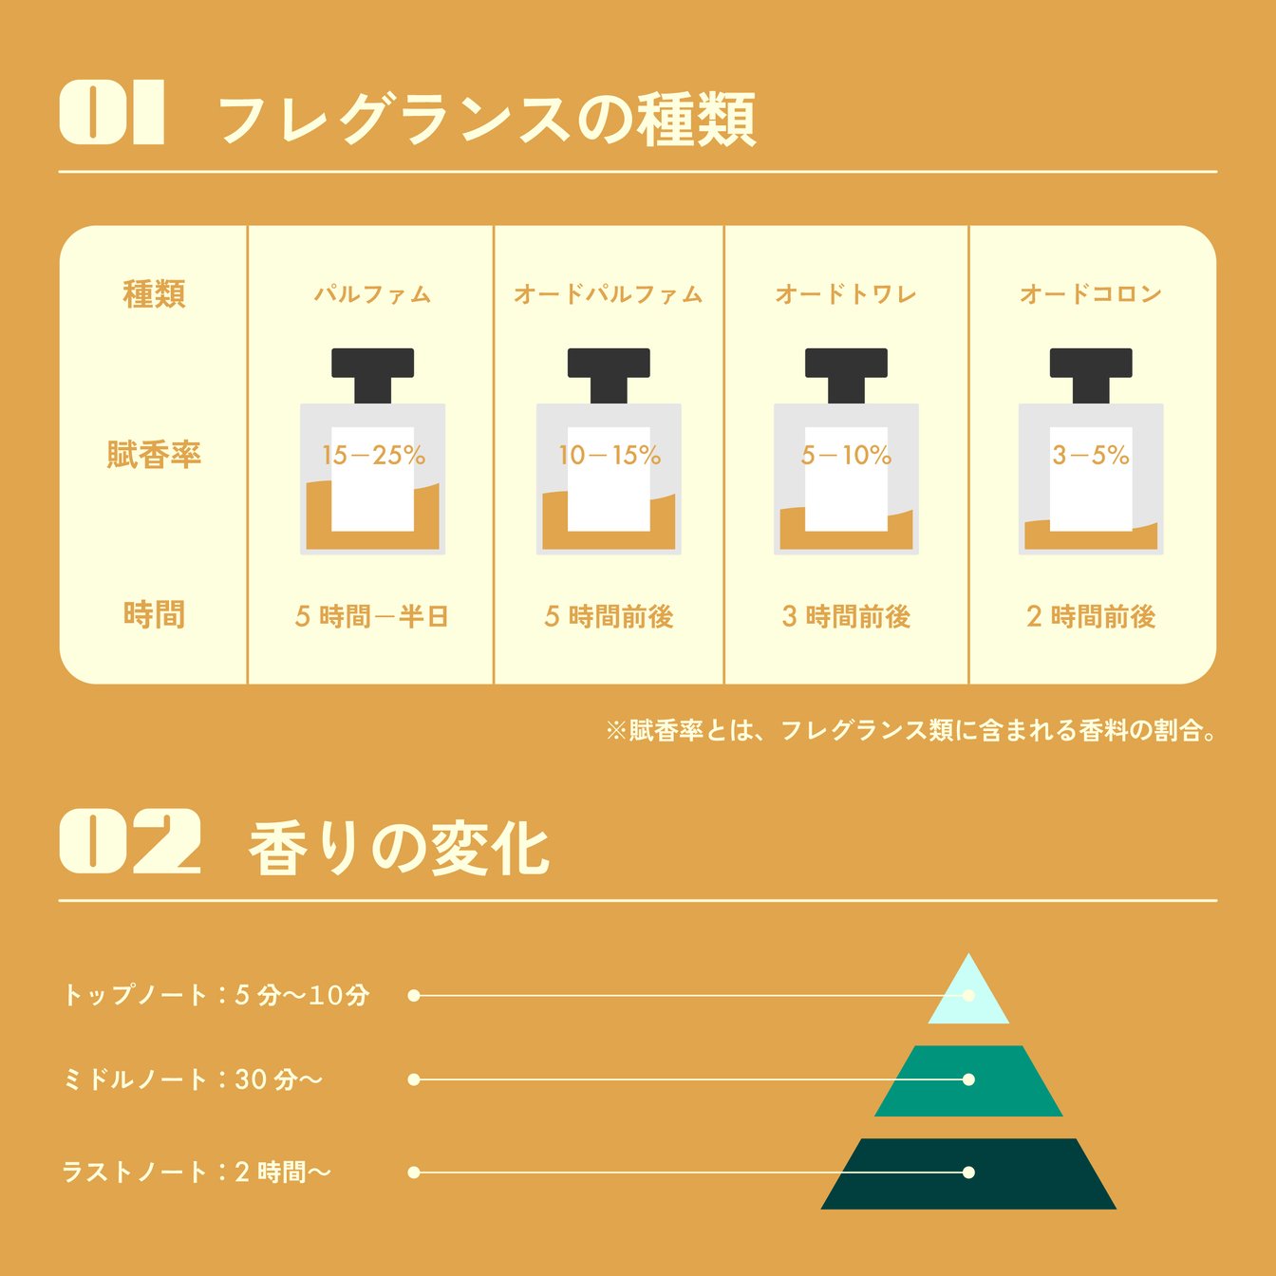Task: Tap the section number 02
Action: pos(130,841)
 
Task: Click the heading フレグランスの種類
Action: pos(487,120)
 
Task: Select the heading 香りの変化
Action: pos(399,849)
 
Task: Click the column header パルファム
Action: pos(372,293)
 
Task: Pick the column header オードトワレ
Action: pos(846,293)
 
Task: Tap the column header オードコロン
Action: pos(1091,293)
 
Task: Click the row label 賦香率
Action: pos(154,454)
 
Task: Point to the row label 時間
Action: pos(154,614)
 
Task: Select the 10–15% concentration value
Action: pos(610,455)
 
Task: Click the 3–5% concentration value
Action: pos(1091,455)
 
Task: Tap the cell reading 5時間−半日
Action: pos(372,616)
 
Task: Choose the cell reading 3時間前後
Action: pos(846,616)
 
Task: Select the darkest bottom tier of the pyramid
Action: pos(968,1174)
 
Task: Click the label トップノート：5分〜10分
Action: pos(216,995)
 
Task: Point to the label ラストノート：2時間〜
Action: pos(196,1173)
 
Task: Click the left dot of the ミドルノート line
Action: pos(414,1080)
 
